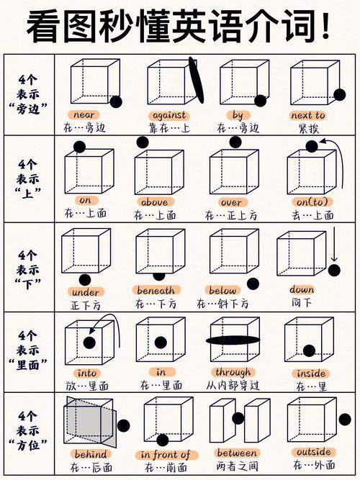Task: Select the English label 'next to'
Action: [307, 115]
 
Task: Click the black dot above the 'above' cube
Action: [143, 142]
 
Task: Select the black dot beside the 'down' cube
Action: [334, 270]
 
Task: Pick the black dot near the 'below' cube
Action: [252, 284]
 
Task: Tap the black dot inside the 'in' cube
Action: [161, 343]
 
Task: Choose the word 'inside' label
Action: [311, 373]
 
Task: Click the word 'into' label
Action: [87, 373]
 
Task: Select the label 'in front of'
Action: [166, 455]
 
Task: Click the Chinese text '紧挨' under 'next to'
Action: [308, 129]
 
